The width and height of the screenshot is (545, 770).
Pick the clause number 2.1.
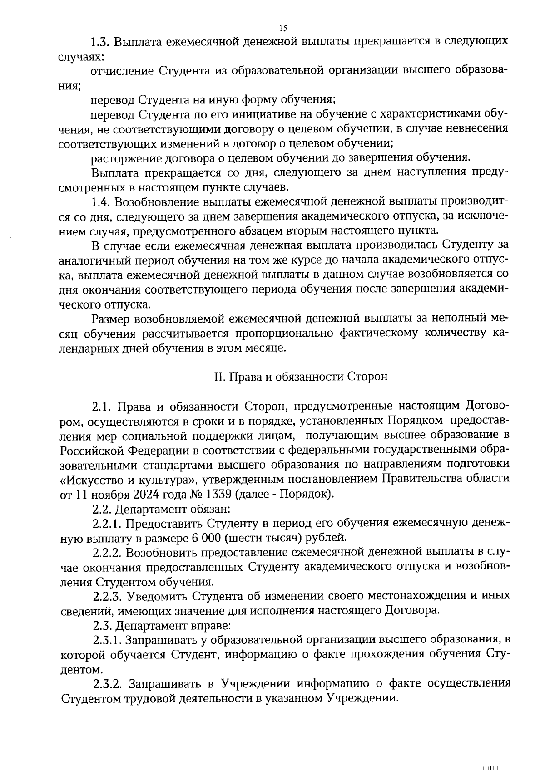tap(100, 406)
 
